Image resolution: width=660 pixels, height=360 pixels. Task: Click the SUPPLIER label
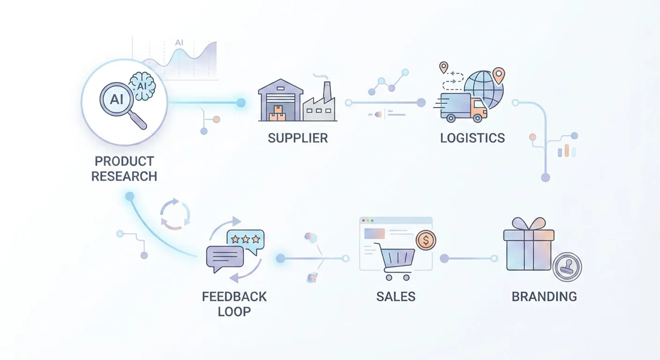coord(298,138)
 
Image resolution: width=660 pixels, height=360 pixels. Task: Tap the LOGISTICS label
coord(472,138)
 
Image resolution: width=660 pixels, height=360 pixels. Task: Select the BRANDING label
coord(544,297)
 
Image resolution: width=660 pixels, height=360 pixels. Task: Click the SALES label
coord(396,297)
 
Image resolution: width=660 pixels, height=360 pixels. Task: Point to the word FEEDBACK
coord(234,297)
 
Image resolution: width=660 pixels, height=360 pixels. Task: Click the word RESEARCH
coord(124,177)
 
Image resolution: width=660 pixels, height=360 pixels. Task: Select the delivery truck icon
coord(461,107)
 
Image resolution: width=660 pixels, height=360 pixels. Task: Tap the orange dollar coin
coord(426,240)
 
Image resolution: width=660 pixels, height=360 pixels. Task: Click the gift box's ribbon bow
coord(529,223)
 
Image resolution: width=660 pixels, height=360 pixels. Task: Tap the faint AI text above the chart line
coord(179,43)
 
